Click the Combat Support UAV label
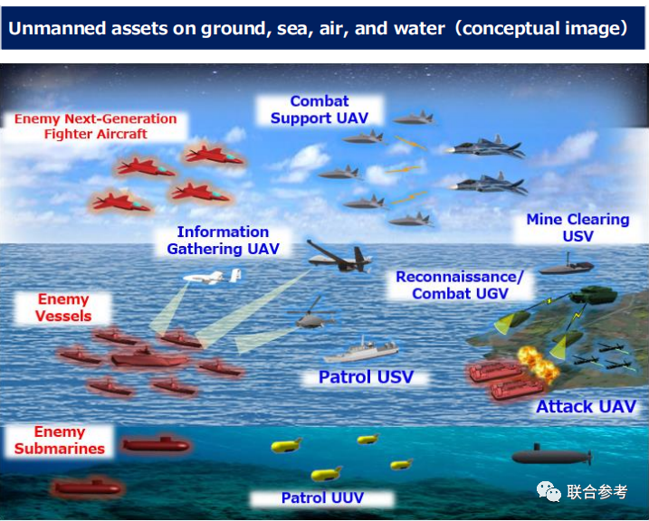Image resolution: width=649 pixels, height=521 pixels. point(320,109)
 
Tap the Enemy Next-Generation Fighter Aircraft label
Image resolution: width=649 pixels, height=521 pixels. point(96,126)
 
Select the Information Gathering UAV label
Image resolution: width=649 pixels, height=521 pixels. point(223,241)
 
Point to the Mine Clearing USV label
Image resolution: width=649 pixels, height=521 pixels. point(577,227)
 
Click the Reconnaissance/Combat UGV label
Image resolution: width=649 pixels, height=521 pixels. point(460,285)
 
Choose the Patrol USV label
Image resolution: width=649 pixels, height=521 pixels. point(367,376)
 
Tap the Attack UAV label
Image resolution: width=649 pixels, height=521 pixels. point(586,406)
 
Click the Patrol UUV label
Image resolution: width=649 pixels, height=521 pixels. point(322,497)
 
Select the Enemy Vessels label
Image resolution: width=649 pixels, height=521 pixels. point(63,308)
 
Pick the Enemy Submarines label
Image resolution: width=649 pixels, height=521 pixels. point(60,440)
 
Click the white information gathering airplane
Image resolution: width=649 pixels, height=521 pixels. point(213,277)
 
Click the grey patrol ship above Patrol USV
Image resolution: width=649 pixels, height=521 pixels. point(361,350)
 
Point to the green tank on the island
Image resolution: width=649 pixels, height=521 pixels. point(594,295)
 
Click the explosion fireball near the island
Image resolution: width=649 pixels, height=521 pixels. point(538,363)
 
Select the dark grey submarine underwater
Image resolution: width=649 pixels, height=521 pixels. point(552,455)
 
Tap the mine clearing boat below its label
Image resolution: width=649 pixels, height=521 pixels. point(567,266)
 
